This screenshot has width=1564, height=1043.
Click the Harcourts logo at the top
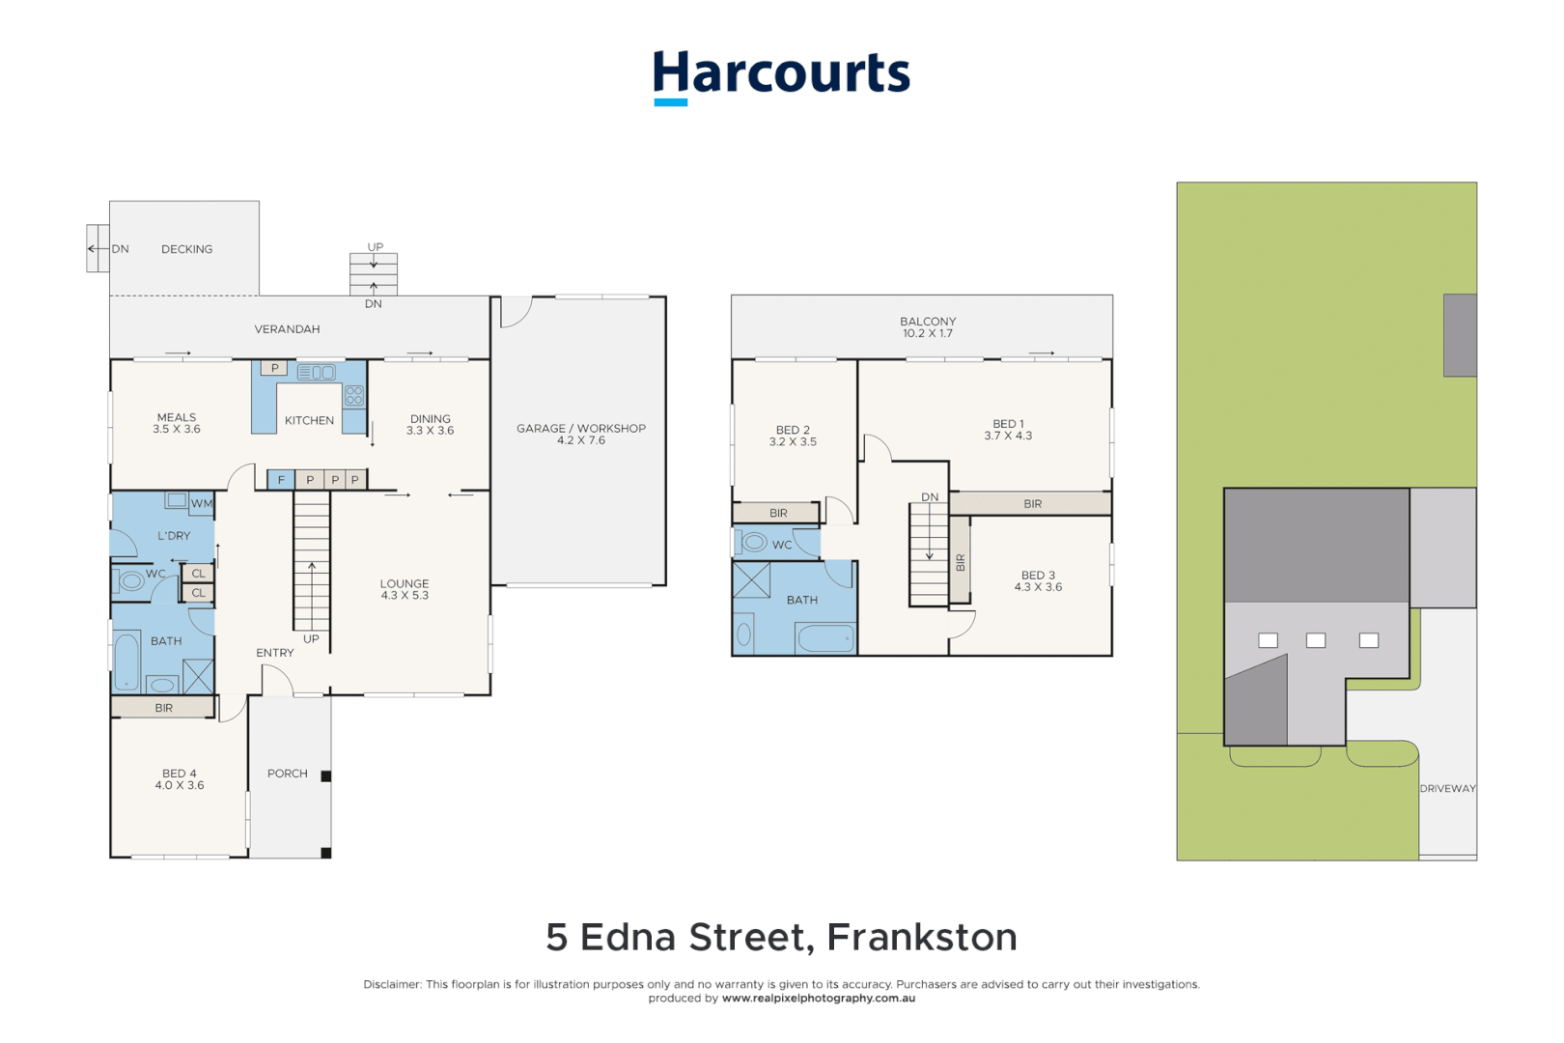pyautogui.click(x=781, y=75)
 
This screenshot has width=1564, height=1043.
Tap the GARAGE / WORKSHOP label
pyautogui.click(x=581, y=434)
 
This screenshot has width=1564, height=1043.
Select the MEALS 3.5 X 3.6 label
pyautogui.click(x=177, y=423)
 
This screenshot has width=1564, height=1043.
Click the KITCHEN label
pyautogui.click(x=309, y=420)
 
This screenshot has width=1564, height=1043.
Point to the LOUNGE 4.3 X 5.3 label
pyautogui.click(x=405, y=589)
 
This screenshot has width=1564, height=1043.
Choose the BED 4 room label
pyautogui.click(x=180, y=779)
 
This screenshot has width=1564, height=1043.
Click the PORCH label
pyautogui.click(x=288, y=774)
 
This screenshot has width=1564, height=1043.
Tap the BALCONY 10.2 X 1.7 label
pyautogui.click(x=928, y=327)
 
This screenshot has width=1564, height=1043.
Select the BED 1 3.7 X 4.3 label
pyautogui.click(x=1008, y=430)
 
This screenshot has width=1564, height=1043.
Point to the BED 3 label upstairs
pyautogui.click(x=1038, y=580)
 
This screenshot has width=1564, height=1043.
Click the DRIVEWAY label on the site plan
pyautogui.click(x=1447, y=789)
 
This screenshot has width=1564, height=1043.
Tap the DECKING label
pyautogui.click(x=187, y=249)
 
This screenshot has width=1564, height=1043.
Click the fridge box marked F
pyautogui.click(x=281, y=479)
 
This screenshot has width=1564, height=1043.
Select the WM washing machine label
pyautogui.click(x=202, y=503)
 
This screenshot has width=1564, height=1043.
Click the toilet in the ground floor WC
pyautogui.click(x=130, y=581)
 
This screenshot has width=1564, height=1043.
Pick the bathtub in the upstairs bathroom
pyautogui.click(x=825, y=638)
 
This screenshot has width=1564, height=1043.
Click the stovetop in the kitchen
pyautogui.click(x=354, y=394)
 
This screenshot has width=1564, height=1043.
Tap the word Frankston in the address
pyautogui.click(x=921, y=937)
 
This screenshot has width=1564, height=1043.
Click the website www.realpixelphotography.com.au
pyautogui.click(x=819, y=999)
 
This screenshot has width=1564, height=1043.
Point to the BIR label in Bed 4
pyautogui.click(x=164, y=708)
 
